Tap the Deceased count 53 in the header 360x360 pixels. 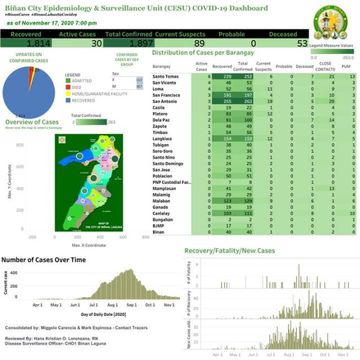tap(302, 44)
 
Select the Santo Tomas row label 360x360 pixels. tap(165, 76)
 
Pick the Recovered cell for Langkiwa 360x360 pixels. tap(226, 138)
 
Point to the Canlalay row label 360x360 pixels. tap(162, 213)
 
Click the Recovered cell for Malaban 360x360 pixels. tap(226, 201)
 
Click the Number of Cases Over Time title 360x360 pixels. tap(43, 260)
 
